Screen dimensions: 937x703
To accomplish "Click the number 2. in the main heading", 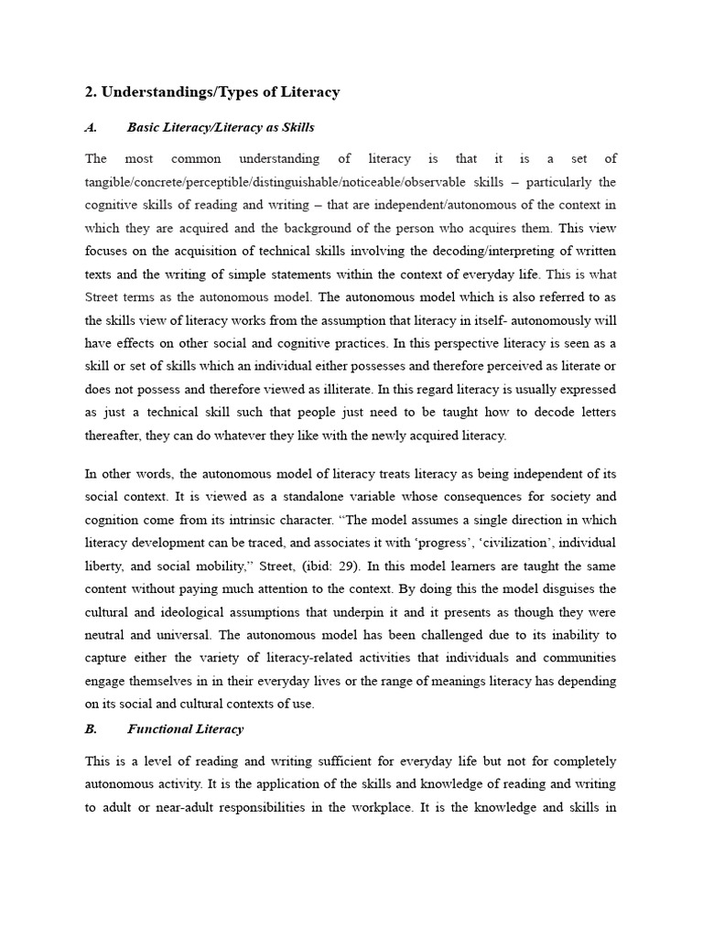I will [91, 92].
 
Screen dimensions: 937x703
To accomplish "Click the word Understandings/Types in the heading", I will [175, 92].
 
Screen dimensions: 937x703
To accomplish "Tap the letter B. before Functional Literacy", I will [91, 728].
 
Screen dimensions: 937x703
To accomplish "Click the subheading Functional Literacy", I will [186, 728].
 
